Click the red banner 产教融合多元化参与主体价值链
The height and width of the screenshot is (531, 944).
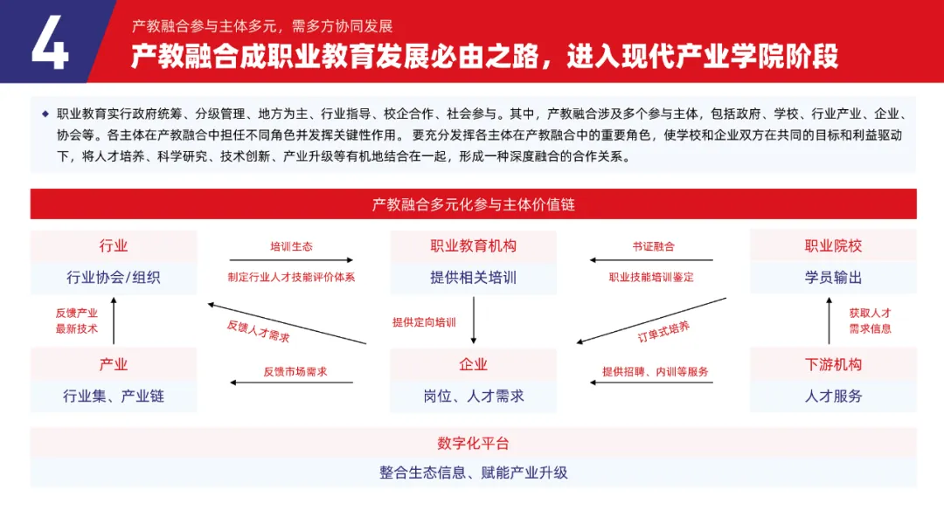pos(473,204)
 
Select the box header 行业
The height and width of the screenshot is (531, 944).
pos(114,246)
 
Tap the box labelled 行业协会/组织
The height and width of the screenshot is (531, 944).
pos(114,278)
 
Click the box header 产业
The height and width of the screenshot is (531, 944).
pos(114,364)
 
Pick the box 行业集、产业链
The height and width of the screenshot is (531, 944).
pos(114,396)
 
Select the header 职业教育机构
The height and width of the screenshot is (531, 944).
pos(473,246)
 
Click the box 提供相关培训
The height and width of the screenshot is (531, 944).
pos(473,278)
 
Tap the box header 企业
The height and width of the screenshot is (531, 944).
pos(473,364)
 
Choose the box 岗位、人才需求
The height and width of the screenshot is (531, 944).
pos(473,396)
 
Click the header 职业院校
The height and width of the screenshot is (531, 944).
pos(833,246)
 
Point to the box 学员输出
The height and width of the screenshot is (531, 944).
pos(833,278)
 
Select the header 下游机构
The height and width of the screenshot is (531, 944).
pos(833,364)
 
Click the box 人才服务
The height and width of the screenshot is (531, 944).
pos(833,396)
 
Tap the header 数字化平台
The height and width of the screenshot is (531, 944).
pos(473,443)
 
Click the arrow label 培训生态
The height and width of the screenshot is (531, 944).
pos(291,246)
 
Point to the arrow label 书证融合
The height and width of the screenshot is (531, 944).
pos(653,246)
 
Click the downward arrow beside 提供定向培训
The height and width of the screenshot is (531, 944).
pos(473,321)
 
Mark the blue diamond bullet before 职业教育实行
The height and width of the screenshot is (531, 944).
pos(45,114)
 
